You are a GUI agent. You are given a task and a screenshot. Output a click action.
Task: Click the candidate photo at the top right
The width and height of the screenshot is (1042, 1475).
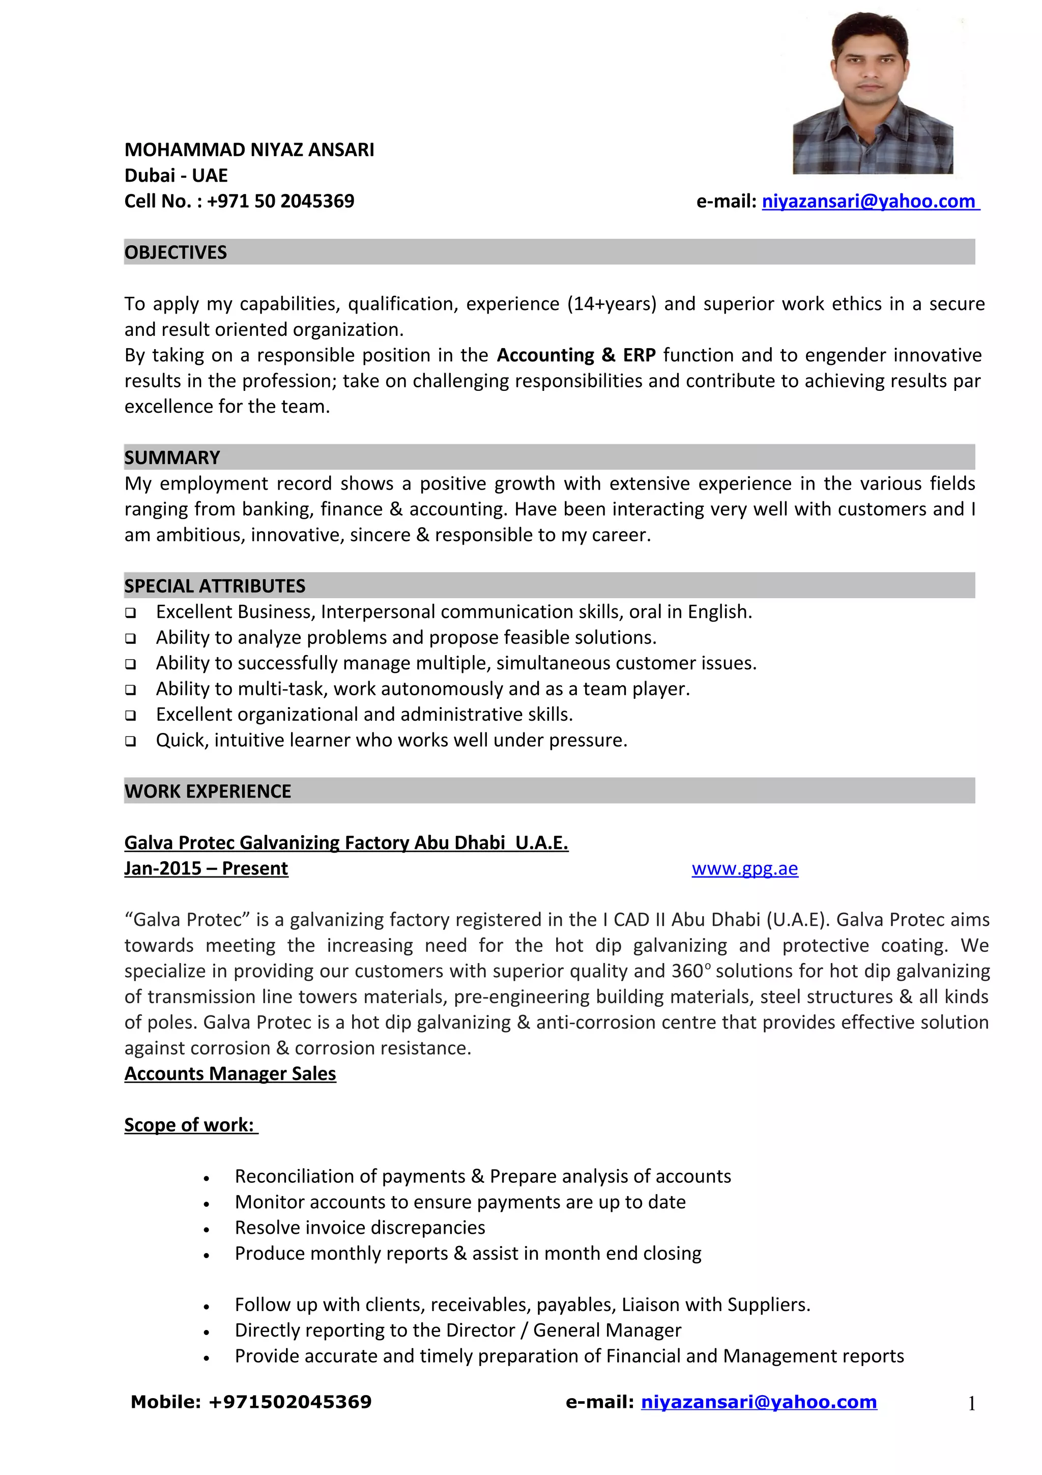pyautogui.click(x=873, y=93)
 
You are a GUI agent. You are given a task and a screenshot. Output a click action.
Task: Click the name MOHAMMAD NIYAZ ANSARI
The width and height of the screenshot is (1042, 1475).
pyautogui.click(x=249, y=150)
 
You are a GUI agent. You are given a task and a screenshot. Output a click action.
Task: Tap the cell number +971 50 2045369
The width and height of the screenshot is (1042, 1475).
pyautogui.click(x=280, y=201)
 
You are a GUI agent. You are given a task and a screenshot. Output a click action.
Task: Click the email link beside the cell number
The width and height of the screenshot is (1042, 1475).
pyautogui.click(x=870, y=201)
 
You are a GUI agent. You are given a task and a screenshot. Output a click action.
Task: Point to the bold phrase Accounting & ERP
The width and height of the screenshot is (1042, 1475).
pyautogui.click(x=576, y=355)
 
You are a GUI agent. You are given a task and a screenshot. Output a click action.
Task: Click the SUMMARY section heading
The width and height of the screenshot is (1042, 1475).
pyautogui.click(x=172, y=458)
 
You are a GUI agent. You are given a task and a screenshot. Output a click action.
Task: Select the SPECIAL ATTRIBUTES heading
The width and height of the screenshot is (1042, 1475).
pyautogui.click(x=214, y=586)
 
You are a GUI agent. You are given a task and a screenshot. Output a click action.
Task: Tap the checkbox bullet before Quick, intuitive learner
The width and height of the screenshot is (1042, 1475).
pyautogui.click(x=130, y=741)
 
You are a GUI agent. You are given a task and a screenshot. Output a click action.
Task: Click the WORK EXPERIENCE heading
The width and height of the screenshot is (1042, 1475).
pyautogui.click(x=208, y=791)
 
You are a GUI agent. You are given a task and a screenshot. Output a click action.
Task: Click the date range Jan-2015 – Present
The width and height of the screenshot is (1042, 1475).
pyautogui.click(x=206, y=868)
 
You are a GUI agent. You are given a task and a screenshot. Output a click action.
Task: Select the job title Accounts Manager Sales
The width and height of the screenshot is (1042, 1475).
pyautogui.click(x=230, y=1073)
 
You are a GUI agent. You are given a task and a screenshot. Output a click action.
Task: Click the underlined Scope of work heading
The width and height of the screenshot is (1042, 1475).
pyautogui.click(x=190, y=1125)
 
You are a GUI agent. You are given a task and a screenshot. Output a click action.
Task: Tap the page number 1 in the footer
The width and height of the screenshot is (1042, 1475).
pyautogui.click(x=971, y=1404)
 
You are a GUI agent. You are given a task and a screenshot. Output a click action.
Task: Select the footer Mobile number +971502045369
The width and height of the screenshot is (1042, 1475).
pyautogui.click(x=290, y=1402)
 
